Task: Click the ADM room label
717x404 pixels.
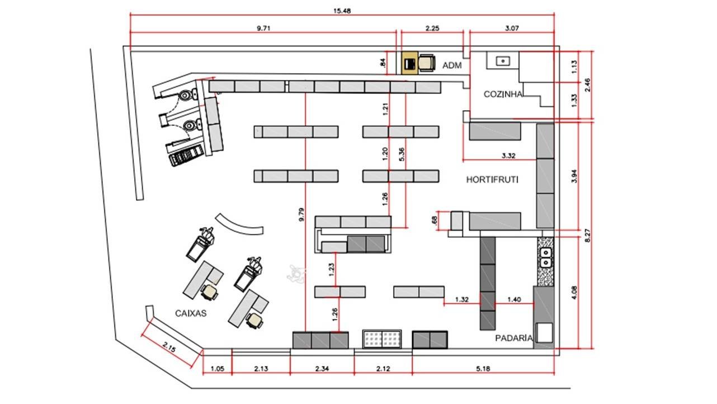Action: click(x=452, y=65)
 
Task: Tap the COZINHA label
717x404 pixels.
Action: click(x=503, y=94)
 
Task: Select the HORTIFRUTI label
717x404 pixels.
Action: click(x=492, y=180)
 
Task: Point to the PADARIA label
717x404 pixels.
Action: click(x=514, y=338)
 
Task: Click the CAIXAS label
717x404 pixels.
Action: click(x=191, y=313)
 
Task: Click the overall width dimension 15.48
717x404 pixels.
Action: click(x=342, y=11)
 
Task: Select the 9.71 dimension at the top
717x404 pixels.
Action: click(x=263, y=28)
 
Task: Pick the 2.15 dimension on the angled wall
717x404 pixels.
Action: click(x=169, y=347)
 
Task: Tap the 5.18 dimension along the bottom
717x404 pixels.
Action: click(x=483, y=369)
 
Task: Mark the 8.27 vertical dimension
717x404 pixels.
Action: click(x=588, y=235)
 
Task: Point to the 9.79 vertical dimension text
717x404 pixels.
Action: click(x=301, y=215)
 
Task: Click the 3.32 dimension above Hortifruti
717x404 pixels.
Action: click(x=508, y=156)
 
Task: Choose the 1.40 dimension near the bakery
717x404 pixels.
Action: click(x=514, y=299)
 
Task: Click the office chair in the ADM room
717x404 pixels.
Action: click(x=427, y=63)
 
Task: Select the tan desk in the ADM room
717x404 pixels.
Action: click(x=410, y=63)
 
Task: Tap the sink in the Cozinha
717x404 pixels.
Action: click(x=503, y=60)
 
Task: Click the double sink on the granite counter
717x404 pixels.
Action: click(x=546, y=258)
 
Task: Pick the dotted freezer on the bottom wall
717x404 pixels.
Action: click(x=382, y=339)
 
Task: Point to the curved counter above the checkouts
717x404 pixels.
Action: click(x=239, y=226)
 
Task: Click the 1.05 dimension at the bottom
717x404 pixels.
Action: click(x=218, y=369)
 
